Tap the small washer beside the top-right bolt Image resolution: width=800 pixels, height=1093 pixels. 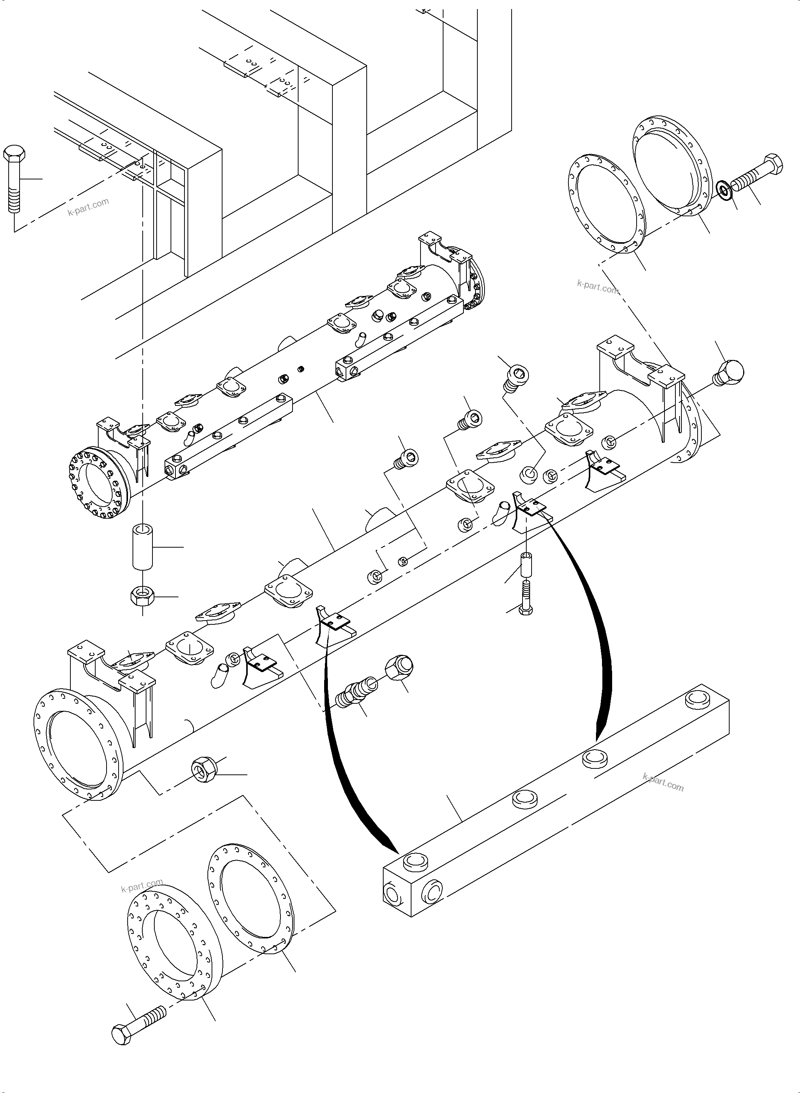(724, 191)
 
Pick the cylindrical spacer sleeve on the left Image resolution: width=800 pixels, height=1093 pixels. (142, 546)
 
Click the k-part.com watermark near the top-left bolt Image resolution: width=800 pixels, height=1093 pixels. (88, 207)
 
